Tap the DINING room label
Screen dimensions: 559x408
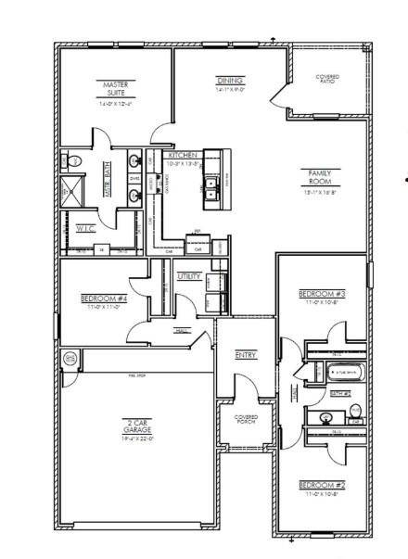pyautogui.click(x=229, y=81)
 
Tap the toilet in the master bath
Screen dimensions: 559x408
pyautogui.click(x=73, y=162)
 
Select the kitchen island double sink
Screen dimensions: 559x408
pyautogui.click(x=212, y=184)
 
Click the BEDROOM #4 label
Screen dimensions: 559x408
pyautogui.click(x=103, y=298)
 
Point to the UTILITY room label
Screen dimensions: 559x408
pyautogui.click(x=189, y=275)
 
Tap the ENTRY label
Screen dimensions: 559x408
pyautogui.click(x=246, y=354)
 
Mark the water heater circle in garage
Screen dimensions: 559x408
pyautogui.click(x=69, y=358)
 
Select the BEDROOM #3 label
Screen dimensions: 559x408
pyautogui.click(x=321, y=294)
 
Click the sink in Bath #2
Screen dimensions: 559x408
pyautogui.click(x=327, y=417)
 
